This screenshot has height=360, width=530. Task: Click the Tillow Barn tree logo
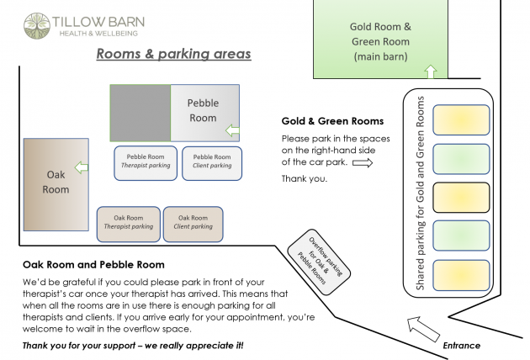pos(37,26)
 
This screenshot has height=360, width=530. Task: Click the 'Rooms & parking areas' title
pos(174,54)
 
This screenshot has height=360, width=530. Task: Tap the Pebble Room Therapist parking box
pos(146,163)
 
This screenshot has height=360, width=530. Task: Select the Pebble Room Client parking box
pos(212,163)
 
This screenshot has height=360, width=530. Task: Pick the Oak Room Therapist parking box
pos(129,224)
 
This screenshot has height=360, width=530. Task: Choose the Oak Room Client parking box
pos(193,224)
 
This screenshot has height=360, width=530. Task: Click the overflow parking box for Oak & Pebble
pos(319,262)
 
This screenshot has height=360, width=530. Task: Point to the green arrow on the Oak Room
pos(82,167)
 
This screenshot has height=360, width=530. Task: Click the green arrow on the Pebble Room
pos(232,130)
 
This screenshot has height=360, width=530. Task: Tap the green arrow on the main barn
pos(431,71)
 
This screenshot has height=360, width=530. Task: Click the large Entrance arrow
pos(423,329)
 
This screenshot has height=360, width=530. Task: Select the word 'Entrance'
pos(461,346)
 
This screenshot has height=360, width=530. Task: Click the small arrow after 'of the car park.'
pos(363,163)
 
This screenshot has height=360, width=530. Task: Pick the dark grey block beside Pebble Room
pos(140,113)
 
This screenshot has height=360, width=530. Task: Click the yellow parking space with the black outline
pos(461,198)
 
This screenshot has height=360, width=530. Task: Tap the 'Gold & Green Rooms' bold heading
pos(332,121)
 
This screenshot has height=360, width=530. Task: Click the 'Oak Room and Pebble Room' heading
pos(93,265)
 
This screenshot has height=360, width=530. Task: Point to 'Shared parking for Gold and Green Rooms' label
pos(420,193)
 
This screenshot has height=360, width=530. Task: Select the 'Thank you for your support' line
pos(133,346)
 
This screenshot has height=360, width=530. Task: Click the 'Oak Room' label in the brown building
pos(56,182)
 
